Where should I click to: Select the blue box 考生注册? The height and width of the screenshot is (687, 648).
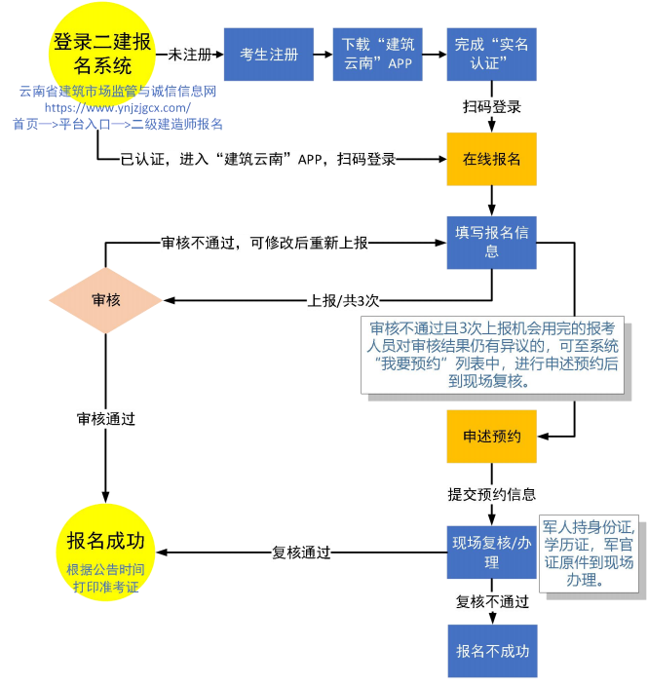tap(269, 54)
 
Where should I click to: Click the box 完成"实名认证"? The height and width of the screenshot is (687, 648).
tap(491, 54)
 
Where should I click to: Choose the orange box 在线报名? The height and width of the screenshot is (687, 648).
tap(491, 159)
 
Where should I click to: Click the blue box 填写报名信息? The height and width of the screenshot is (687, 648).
tap(491, 243)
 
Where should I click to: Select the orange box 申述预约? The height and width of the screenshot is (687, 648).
tap(491, 437)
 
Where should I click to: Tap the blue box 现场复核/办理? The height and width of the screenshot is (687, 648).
tap(491, 553)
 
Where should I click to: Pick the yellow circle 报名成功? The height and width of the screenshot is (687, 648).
tap(105, 552)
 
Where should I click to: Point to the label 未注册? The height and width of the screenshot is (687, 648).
tap(190, 54)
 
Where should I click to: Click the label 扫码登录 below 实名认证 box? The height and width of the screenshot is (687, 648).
tap(491, 107)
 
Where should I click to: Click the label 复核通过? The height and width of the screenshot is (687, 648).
tap(301, 553)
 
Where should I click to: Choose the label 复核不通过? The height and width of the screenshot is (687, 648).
tap(491, 602)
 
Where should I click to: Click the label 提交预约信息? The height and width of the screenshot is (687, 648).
tap(491, 494)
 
